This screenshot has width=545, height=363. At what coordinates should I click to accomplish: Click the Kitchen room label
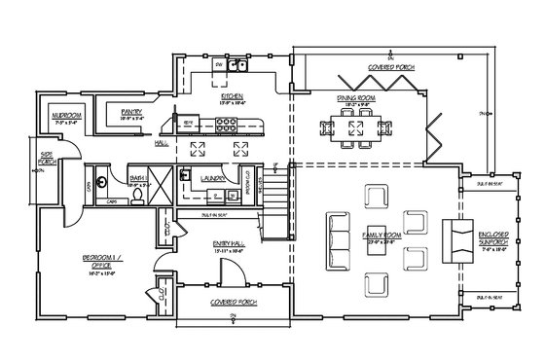pos(232,97)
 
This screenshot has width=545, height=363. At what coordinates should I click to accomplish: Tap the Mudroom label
pos(67,115)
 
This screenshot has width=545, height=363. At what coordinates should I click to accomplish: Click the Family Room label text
pos(376,236)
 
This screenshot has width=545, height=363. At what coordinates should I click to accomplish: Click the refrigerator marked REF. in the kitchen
pos(190,122)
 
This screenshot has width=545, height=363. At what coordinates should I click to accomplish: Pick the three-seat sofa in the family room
pos(337,236)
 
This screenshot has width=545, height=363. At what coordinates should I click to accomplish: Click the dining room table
pos(349,126)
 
